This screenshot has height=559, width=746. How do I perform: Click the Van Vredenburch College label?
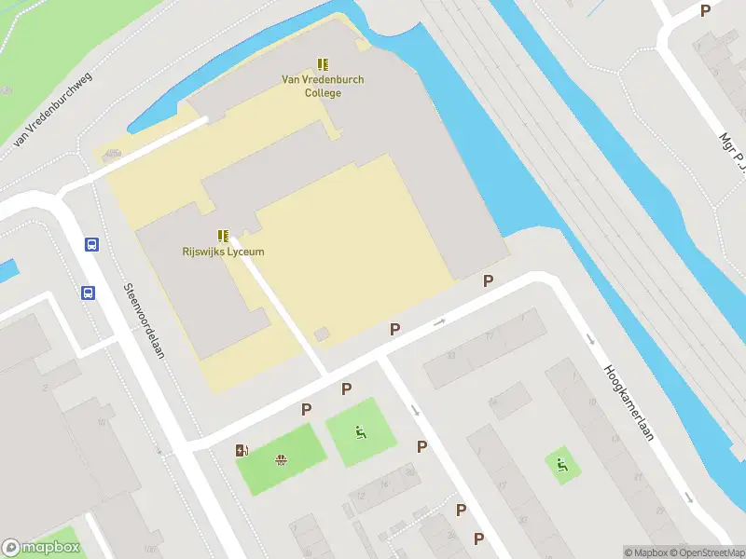coord(323,86)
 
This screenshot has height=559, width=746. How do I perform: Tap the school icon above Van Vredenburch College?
coord(323,64)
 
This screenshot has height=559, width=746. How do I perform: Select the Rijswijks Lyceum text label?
coord(224,252)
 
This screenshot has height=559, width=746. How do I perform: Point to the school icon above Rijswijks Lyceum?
coord(224,237)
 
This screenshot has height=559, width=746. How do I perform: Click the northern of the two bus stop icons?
coord(91,244)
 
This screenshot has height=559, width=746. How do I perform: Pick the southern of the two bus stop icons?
coord(88,293)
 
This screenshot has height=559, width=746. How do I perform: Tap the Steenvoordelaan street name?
coord(145,326)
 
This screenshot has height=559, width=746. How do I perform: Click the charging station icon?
coord(242,451)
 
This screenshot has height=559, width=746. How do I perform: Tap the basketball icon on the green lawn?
coord(280,458)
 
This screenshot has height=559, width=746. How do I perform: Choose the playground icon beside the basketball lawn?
coord(360,431)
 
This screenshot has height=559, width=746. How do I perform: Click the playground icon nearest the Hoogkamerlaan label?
coord(562,465)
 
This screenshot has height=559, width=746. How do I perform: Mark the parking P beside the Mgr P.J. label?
coord(706,10)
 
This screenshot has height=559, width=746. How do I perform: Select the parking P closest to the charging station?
coord(306,409)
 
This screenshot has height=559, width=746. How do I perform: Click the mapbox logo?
coord(41,548)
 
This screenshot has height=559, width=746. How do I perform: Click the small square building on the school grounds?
coord(321,334)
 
